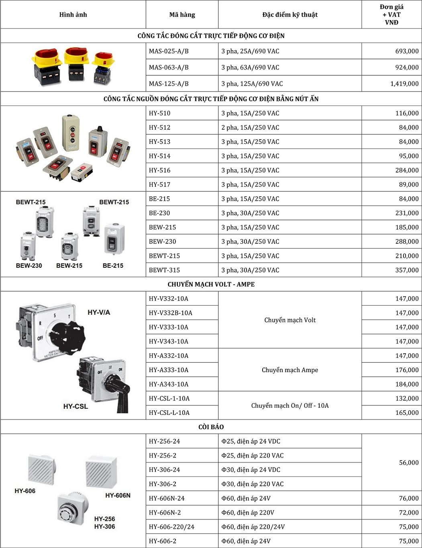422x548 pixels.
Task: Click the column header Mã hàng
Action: (182, 15)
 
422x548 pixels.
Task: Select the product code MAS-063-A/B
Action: (169, 67)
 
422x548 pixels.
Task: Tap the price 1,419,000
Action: (404, 84)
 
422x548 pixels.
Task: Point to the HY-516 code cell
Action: (160, 170)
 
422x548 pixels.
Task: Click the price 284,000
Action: (407, 170)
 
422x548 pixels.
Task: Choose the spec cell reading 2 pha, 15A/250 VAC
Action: (250, 128)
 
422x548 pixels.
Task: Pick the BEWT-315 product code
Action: (164, 270)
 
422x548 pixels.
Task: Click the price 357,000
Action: (407, 270)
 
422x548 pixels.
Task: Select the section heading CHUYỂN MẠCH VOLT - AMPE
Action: (211, 284)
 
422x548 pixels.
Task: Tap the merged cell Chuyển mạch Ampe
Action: (290, 370)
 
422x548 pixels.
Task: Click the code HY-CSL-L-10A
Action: (169, 413)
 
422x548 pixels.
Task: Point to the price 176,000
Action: (407, 370)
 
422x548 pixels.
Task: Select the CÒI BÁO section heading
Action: (211, 427)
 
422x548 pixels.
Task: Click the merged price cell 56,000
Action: (409, 462)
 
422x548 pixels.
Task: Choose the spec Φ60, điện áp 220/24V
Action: (253, 527)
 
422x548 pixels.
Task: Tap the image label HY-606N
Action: (118, 495)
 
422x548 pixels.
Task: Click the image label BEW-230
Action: (29, 266)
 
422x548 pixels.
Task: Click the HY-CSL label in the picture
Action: (75, 406)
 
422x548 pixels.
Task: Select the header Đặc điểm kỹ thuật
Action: (290, 15)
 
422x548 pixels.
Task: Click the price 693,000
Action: (407, 51)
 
